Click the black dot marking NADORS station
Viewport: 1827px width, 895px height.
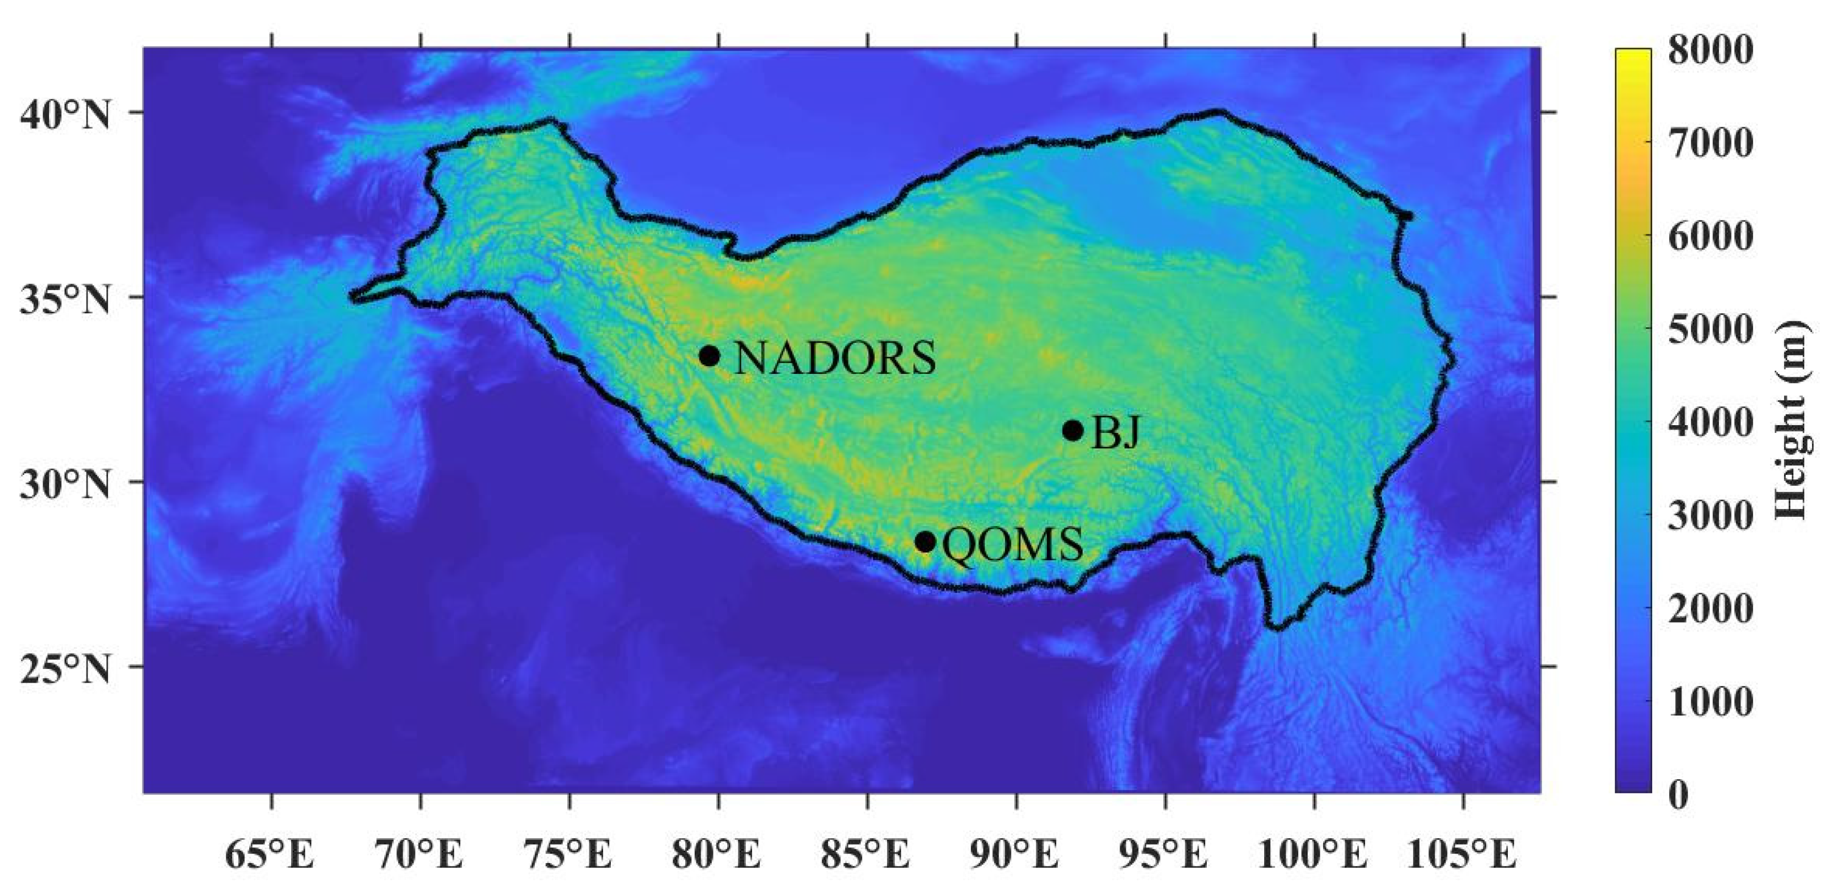click(x=709, y=355)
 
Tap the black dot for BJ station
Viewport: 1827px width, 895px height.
click(x=1073, y=430)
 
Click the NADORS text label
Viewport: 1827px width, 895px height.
click(x=835, y=357)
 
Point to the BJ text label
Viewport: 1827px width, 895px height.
click(x=1116, y=432)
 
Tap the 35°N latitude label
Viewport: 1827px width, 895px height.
click(x=65, y=300)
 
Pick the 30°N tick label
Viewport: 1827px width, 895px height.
click(x=65, y=486)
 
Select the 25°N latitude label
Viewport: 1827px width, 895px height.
click(x=65, y=669)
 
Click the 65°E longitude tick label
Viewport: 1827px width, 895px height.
click(x=270, y=854)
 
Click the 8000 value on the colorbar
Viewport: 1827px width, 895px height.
click(x=1709, y=51)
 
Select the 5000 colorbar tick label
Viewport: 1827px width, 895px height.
click(x=1709, y=330)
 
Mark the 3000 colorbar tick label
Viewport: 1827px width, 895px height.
click(x=1709, y=516)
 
